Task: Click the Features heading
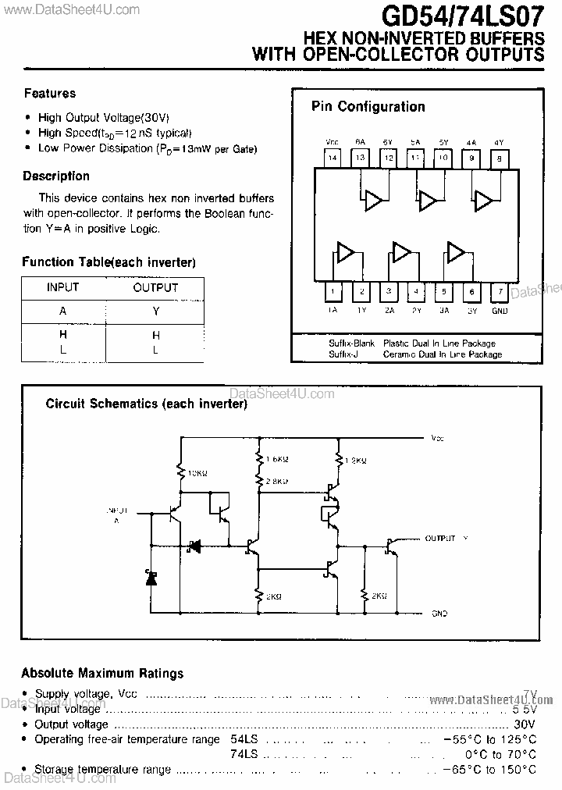[50, 94]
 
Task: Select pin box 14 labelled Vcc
[333, 158]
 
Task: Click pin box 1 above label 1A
[333, 293]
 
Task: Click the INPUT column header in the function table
[62, 287]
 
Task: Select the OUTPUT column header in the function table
[156, 287]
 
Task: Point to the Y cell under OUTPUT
[156, 311]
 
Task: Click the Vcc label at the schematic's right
[437, 439]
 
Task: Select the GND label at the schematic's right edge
[439, 614]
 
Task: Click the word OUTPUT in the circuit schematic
[439, 539]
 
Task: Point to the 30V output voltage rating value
[525, 724]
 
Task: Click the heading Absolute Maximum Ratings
[102, 673]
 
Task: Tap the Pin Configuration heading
[368, 107]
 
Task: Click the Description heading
[56, 176]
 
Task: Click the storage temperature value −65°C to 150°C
[488, 769]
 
